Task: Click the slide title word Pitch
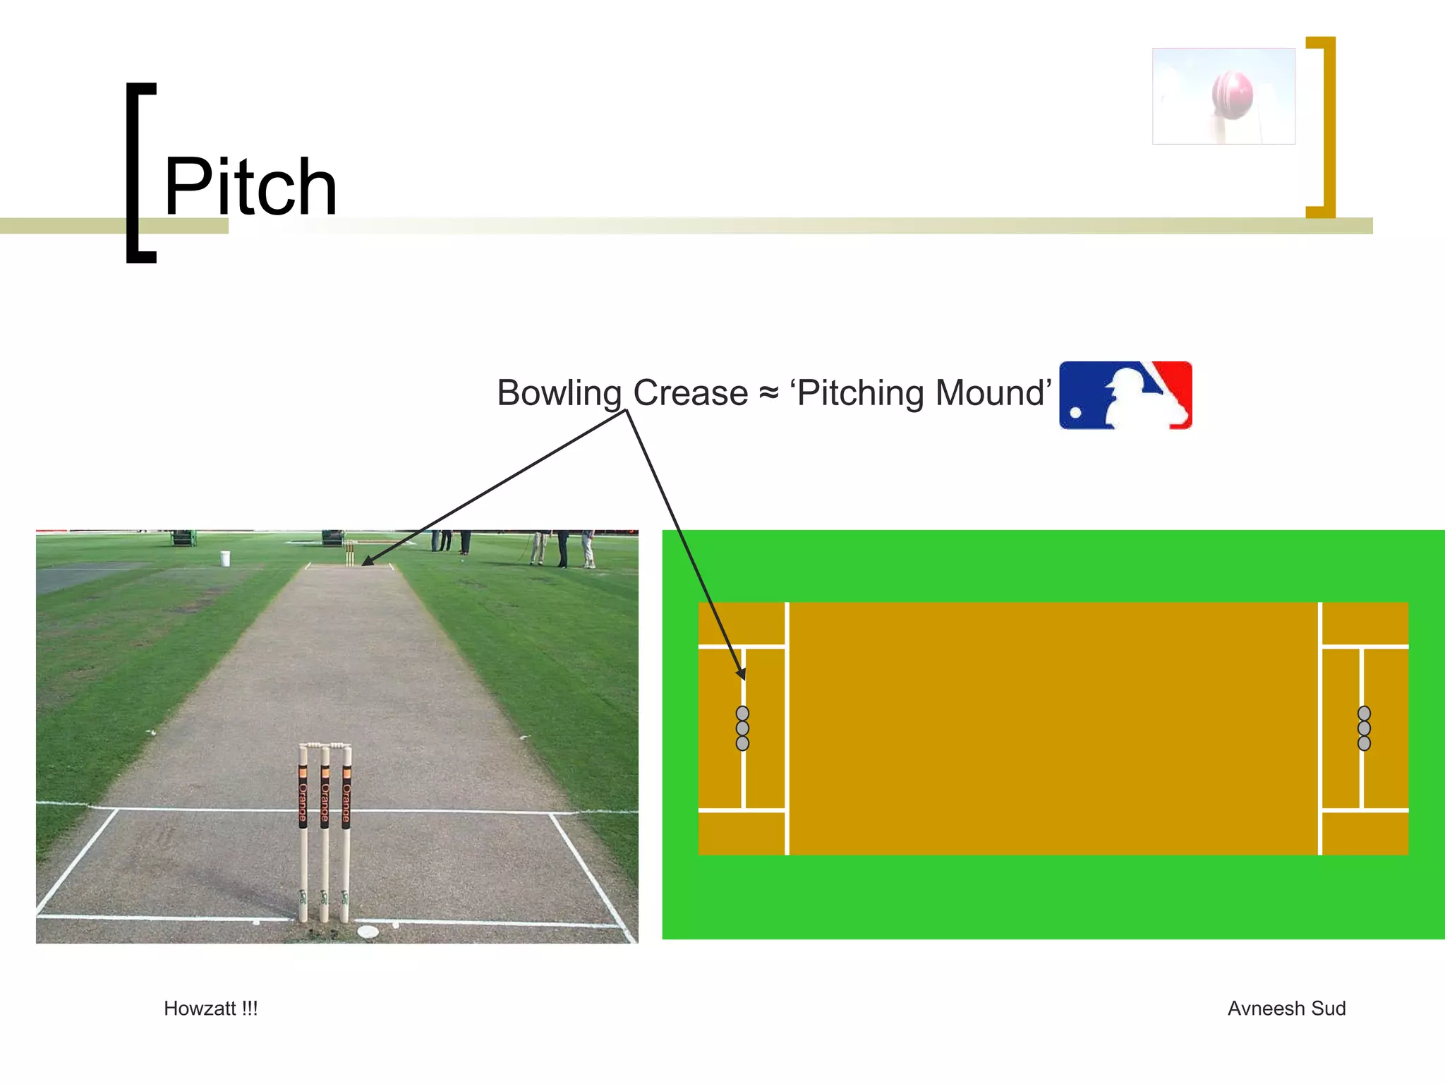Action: click(x=250, y=186)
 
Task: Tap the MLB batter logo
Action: click(x=1125, y=395)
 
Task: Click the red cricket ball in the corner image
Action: click(x=1232, y=94)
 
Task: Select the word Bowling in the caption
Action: click(x=559, y=393)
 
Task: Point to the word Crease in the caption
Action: click(x=690, y=393)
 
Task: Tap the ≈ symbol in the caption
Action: click(x=768, y=394)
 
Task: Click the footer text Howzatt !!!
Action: click(x=210, y=1008)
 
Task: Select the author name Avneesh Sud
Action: click(x=1286, y=1008)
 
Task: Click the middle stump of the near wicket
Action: click(x=325, y=833)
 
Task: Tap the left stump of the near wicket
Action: click(x=303, y=833)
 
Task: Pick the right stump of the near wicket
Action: click(x=346, y=833)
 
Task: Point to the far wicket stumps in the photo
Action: click(x=349, y=553)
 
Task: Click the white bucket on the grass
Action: click(x=225, y=558)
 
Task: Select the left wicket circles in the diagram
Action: click(x=742, y=728)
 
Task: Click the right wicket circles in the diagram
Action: click(x=1364, y=728)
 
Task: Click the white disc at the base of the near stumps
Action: click(x=368, y=932)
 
